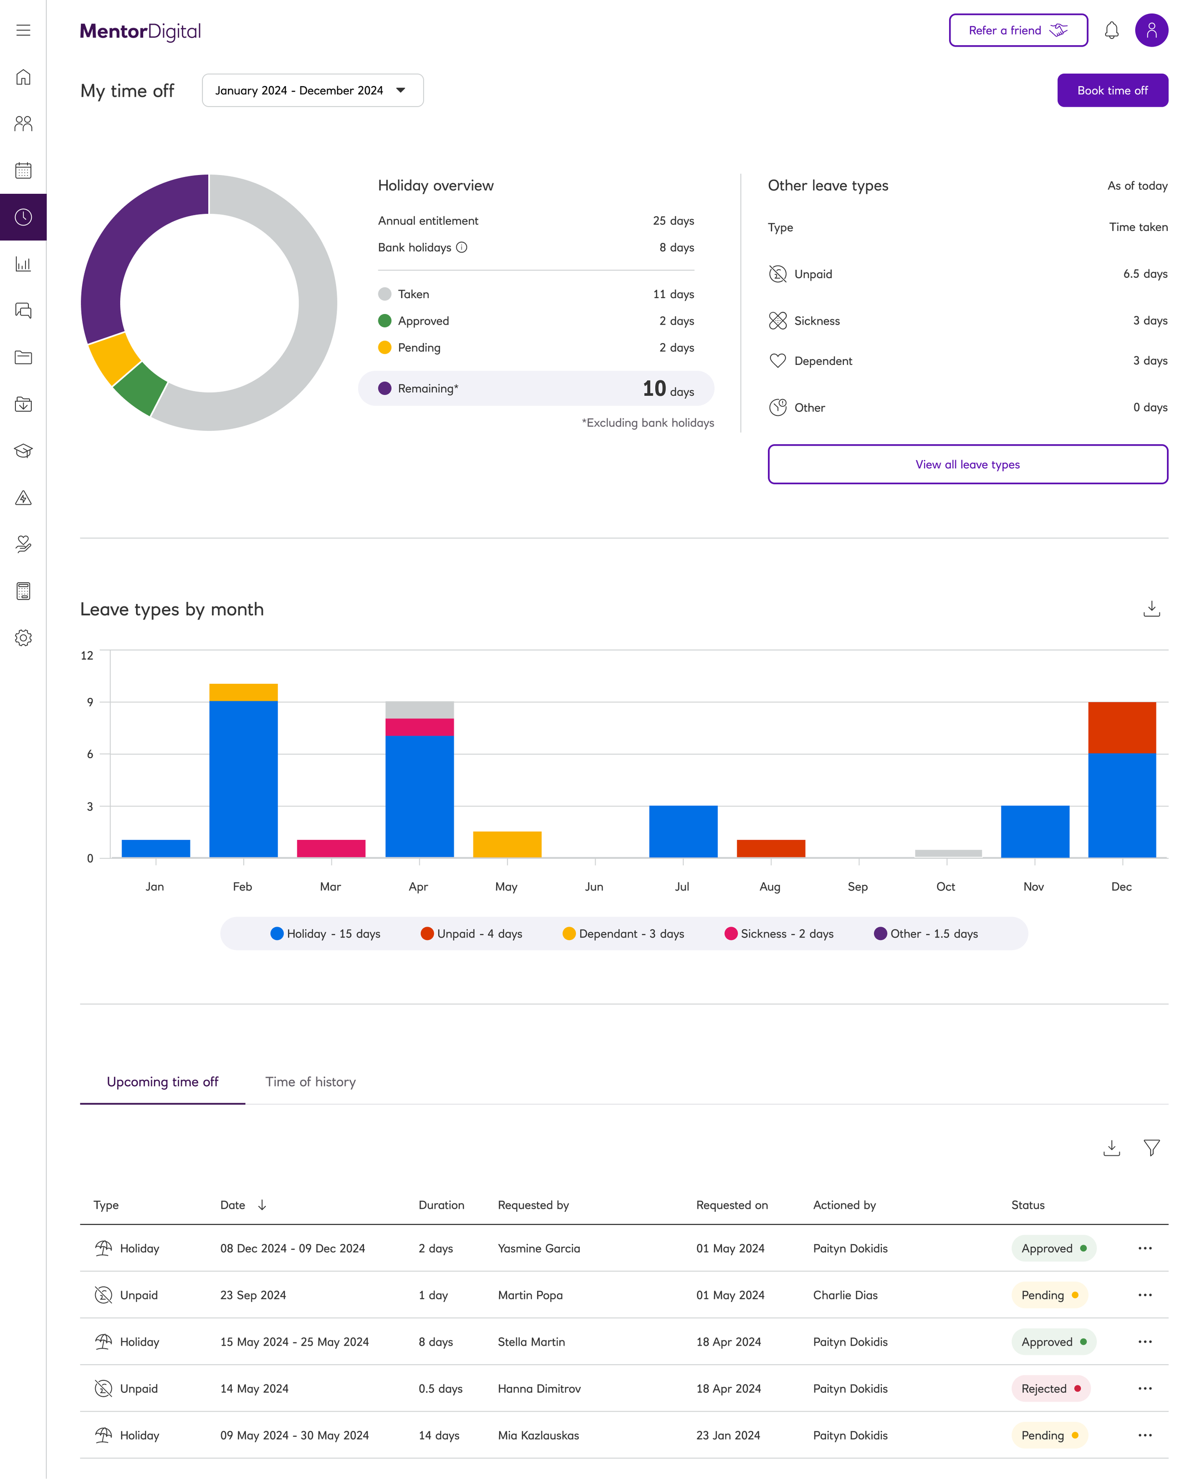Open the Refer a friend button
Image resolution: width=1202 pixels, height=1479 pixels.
[1018, 30]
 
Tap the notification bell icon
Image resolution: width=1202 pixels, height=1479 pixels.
[1111, 30]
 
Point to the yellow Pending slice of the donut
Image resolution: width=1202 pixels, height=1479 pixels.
[113, 359]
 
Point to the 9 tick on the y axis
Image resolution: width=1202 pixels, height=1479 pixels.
[90, 702]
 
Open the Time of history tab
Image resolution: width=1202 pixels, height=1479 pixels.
[310, 1081]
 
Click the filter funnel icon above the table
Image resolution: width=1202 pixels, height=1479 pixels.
[1152, 1148]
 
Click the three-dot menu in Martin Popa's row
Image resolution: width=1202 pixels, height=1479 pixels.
[1144, 1295]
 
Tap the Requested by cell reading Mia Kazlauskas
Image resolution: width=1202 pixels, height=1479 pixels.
[538, 1435]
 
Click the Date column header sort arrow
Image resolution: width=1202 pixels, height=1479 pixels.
[262, 1205]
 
